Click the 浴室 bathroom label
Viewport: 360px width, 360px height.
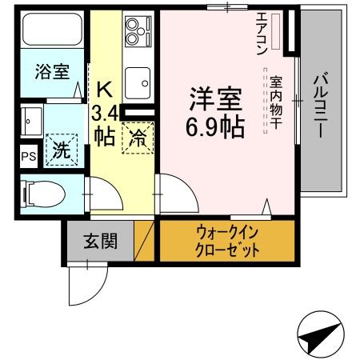(x=52, y=72)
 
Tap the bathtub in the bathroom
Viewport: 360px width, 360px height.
(x=52, y=31)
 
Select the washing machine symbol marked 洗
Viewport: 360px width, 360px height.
(x=61, y=148)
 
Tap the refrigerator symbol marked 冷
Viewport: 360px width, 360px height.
(x=138, y=138)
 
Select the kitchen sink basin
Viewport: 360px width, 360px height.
(x=139, y=81)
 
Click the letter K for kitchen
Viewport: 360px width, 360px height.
(x=105, y=86)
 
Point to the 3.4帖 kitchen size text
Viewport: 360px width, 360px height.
(x=105, y=122)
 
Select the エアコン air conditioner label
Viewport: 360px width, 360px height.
(x=262, y=32)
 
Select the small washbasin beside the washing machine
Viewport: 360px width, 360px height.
(x=32, y=122)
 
